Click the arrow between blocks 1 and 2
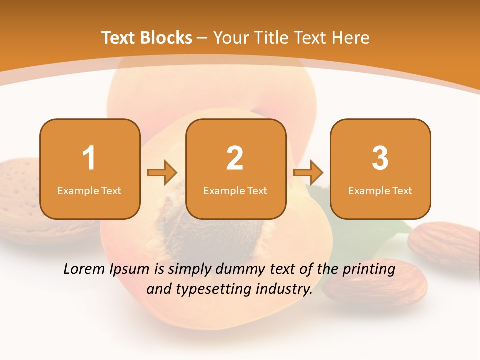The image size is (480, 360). coord(162,173)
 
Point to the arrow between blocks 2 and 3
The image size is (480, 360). coord(308,173)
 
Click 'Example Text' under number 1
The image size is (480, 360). coord(89,190)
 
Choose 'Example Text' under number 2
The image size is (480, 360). coord(235,190)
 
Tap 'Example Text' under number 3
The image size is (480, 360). coord(380,190)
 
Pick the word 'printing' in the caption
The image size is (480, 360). coord(368,270)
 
